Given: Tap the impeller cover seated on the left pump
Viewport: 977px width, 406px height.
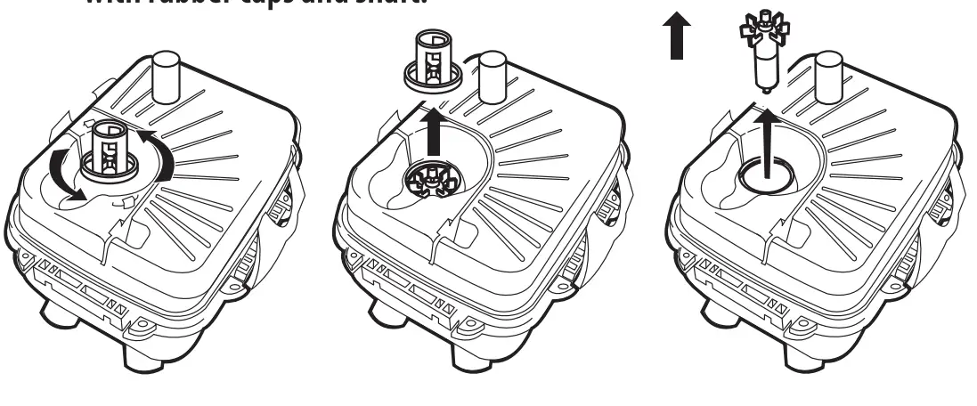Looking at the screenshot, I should click(x=110, y=147).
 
